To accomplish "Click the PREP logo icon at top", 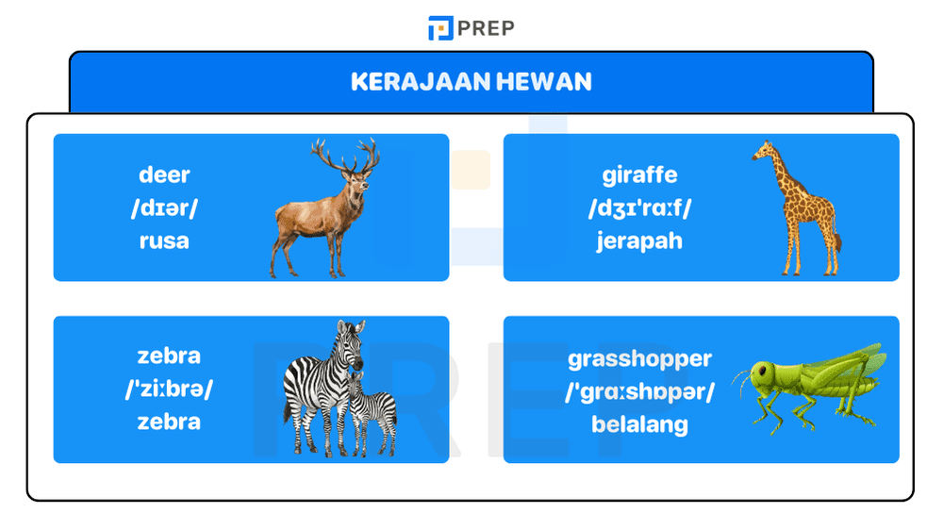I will coord(440,28).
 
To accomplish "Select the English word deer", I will coord(164,174).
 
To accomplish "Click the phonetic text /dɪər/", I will coord(164,207).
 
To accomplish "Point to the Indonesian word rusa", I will coord(164,240).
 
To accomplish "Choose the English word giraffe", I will coord(639,174).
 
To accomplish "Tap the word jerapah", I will coord(639,240).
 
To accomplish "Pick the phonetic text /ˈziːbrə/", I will coord(169,389).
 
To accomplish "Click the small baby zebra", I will coord(371,410).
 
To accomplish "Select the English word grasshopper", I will coord(639,358).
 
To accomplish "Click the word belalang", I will coord(639,424).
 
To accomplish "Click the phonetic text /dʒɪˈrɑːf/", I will coord(639,207).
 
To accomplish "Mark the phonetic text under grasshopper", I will coord(639,391).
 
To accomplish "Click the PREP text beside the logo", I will coord(487,28).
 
